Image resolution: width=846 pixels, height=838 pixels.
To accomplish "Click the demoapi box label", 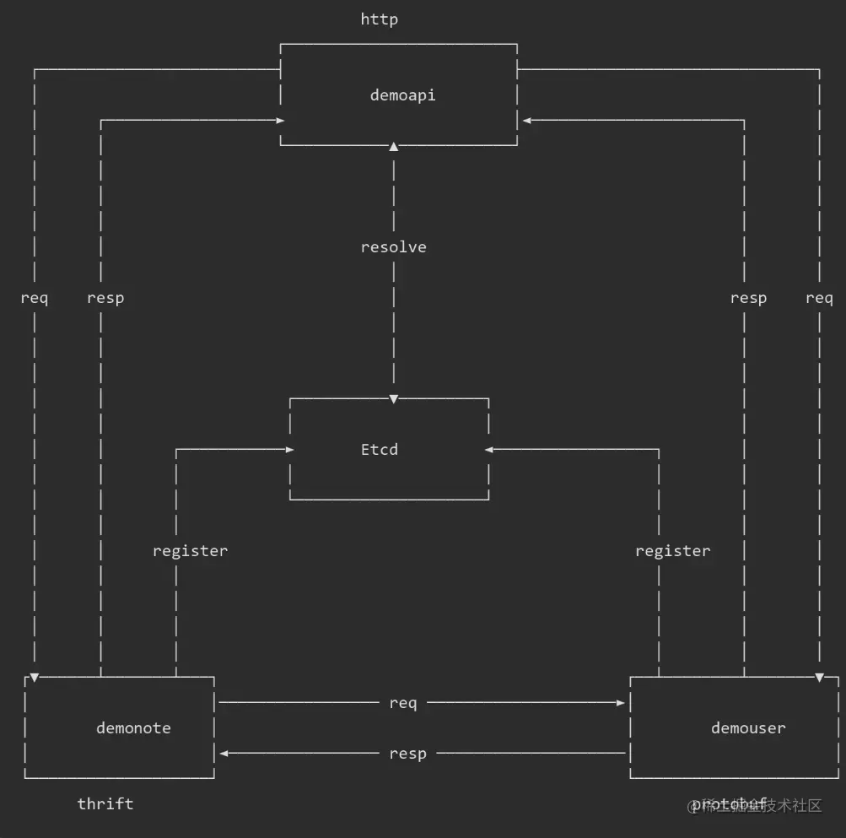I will click(402, 95).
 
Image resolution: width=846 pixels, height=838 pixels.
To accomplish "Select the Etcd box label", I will click(379, 449).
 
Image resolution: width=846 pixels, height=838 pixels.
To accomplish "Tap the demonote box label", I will click(133, 727).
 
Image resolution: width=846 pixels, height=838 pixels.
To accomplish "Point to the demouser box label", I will click(747, 727).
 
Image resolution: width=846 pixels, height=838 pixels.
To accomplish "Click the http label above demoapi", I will click(379, 19).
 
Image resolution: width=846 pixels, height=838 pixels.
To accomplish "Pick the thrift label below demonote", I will click(105, 803).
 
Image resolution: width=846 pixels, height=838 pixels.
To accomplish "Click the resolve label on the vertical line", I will click(393, 247).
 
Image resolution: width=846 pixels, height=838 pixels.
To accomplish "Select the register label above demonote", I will click(190, 551).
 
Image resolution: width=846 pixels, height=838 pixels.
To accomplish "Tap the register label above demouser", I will click(672, 551).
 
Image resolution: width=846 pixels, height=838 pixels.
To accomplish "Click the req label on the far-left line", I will click(35, 298).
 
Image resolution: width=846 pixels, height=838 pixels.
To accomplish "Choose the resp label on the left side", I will click(105, 298).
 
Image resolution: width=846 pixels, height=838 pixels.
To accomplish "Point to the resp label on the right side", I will click(748, 298).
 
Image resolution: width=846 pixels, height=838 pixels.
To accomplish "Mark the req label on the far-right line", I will click(819, 298).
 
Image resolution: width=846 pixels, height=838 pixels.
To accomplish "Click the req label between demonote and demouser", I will click(402, 703).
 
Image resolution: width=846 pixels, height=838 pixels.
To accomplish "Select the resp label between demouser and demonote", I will click(407, 754).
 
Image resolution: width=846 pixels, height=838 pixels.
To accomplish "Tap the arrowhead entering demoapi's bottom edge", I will click(393, 148).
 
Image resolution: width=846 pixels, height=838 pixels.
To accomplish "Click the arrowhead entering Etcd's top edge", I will click(393, 397).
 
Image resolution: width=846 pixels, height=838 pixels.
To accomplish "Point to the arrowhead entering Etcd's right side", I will click(489, 450).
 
